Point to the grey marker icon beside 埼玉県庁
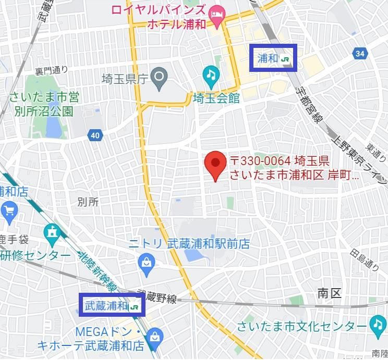[159, 79]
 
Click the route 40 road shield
[94, 135]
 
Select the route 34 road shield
[359, 53]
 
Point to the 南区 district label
[329, 293]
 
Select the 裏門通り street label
[52, 70]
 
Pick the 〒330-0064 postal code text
[262, 159]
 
